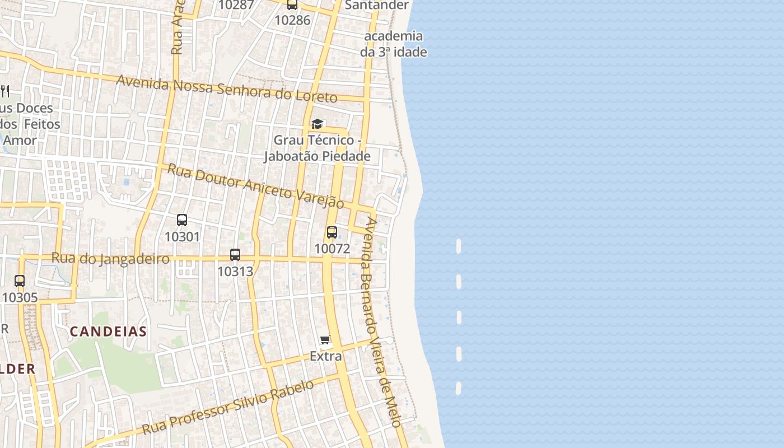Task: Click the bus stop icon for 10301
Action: point(182,220)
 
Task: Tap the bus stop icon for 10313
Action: point(235,255)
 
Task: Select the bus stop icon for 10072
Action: point(332,232)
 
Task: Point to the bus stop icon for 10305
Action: point(20,281)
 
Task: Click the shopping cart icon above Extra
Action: point(325,339)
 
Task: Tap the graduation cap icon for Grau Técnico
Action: point(318,124)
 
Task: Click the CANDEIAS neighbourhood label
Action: point(108,331)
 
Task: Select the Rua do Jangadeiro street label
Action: point(110,259)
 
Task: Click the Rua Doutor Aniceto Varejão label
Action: point(256,186)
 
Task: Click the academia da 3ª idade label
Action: point(393,44)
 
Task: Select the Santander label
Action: point(377,5)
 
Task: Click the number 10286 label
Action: point(292,20)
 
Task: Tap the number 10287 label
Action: point(236,5)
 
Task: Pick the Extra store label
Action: point(325,356)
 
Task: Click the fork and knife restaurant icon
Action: point(5,91)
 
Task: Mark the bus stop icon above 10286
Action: point(292,5)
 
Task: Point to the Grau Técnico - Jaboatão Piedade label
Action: point(318,148)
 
